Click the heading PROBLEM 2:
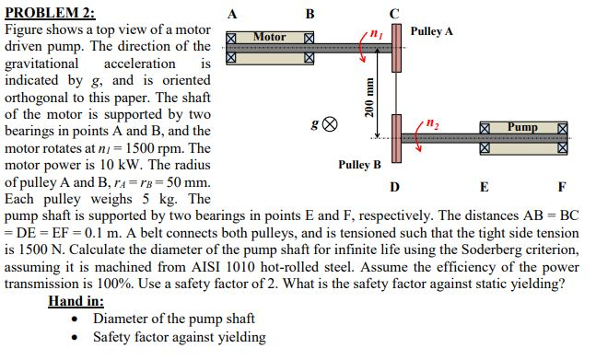(x=50, y=12)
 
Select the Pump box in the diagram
(x=520, y=125)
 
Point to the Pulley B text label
(x=359, y=165)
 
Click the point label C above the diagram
(x=394, y=13)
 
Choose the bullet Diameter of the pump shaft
(x=174, y=319)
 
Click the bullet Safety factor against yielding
(x=180, y=337)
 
